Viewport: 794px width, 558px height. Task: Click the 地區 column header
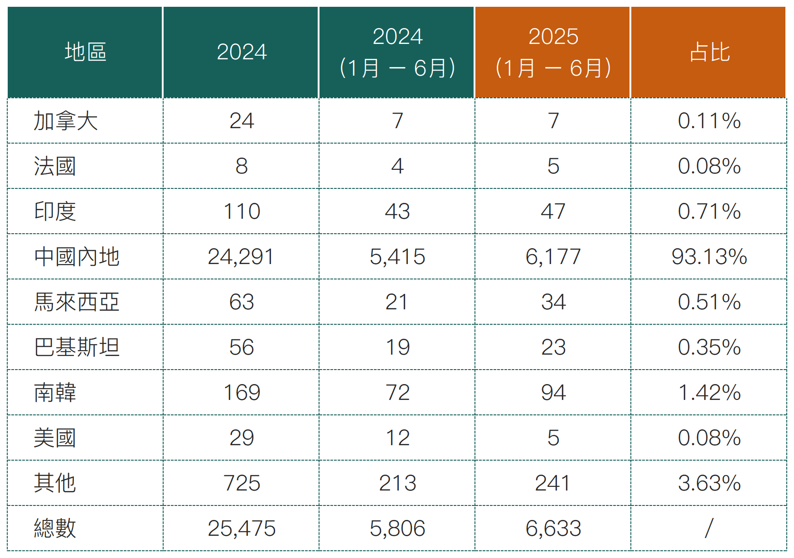coord(85,52)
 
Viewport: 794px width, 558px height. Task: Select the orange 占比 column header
coord(709,52)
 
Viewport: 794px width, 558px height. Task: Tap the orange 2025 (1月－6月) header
coord(553,52)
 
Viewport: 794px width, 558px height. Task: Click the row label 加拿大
coord(66,121)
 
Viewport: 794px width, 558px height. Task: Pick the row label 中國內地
coord(77,257)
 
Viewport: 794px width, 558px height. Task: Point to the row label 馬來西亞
coord(77,302)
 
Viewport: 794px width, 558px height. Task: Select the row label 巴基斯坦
coord(77,347)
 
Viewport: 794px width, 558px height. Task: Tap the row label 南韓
coord(55,393)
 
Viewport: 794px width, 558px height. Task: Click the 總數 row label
coord(55,529)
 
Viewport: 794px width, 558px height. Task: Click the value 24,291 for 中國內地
coord(241,257)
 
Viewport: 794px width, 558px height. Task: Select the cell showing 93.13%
coord(709,257)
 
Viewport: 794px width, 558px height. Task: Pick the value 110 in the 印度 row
coord(242,212)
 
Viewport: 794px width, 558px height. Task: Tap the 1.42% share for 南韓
coord(709,393)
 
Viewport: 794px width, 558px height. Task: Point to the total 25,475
coord(242,529)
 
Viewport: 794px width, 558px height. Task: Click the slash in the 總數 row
coord(709,529)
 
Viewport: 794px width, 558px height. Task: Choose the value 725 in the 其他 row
coord(242,483)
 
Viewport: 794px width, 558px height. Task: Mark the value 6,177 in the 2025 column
coord(553,257)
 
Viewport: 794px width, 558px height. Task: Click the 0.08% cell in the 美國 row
coord(709,438)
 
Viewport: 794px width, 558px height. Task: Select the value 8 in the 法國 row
coord(242,166)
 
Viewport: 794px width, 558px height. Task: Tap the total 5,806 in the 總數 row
coord(397,529)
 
